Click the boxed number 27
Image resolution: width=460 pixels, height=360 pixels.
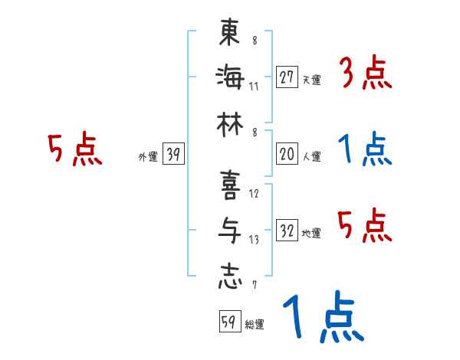[x=287, y=77]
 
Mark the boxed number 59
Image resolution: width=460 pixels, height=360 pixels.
[x=228, y=322]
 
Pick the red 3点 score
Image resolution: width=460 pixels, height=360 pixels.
[x=365, y=75]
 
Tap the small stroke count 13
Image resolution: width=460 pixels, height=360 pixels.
[x=254, y=240]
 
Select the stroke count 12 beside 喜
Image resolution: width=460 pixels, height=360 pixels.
[x=254, y=194]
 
